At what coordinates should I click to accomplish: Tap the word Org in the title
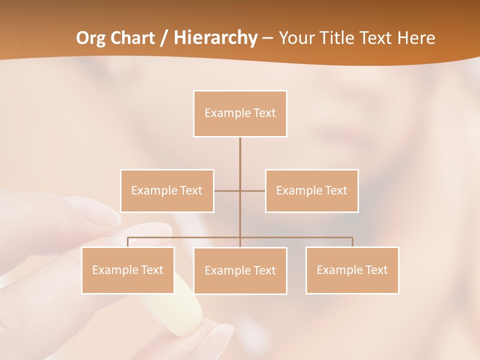point(93,38)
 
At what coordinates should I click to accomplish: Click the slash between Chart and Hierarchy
point(164,38)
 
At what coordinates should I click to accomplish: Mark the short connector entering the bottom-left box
point(128,242)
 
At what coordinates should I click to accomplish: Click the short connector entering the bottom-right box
point(352,242)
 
